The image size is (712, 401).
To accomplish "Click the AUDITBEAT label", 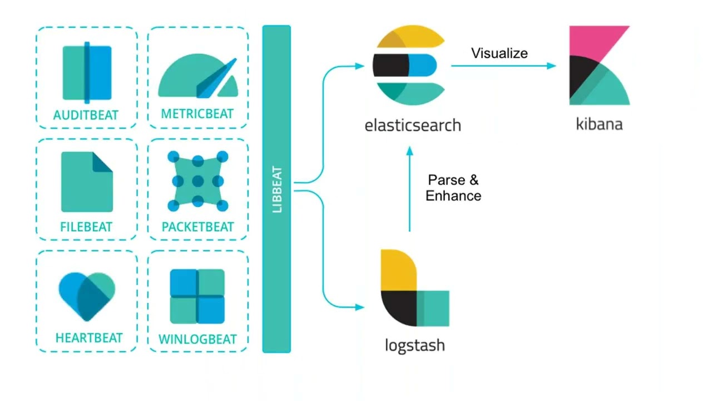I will (x=86, y=115).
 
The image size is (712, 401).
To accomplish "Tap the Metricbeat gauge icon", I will (x=197, y=76).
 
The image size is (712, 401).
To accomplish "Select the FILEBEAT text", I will (x=86, y=227).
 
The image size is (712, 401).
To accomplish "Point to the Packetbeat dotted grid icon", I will (x=197, y=181).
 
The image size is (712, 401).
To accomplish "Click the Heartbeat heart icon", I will (x=86, y=295).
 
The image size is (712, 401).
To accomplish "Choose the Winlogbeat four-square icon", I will (x=197, y=297).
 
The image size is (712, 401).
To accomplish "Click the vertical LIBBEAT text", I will (x=276, y=189).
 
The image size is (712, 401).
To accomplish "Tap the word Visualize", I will (x=500, y=53).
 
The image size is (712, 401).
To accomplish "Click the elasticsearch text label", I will (x=413, y=125).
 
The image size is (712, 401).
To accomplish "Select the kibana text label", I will (x=599, y=124).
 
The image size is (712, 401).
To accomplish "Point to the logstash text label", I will (x=415, y=345).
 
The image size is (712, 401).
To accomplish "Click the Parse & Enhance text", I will (x=453, y=188).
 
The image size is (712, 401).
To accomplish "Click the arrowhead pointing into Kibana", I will (x=551, y=66).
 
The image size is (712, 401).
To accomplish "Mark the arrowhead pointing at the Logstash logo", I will (x=360, y=307).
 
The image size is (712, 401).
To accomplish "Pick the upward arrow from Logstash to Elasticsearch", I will (x=410, y=189).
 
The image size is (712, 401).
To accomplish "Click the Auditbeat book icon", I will (x=87, y=73).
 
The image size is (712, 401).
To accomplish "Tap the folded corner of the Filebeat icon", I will (x=103, y=162).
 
